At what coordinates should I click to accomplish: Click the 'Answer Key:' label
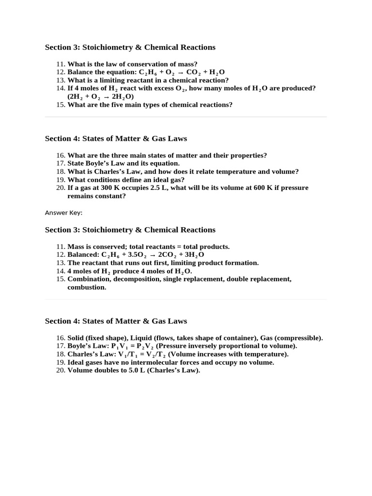pos(63,213)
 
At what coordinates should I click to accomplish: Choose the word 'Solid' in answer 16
pos(76,338)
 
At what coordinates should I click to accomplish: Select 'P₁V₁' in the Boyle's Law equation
pos(120,346)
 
